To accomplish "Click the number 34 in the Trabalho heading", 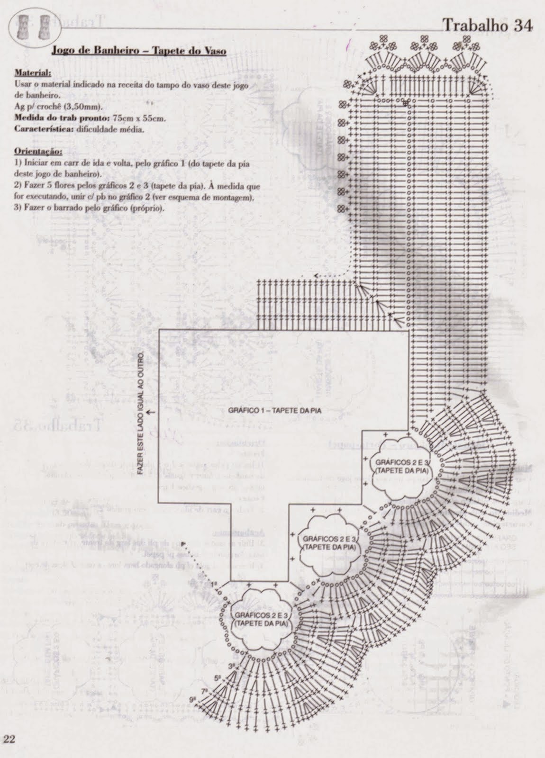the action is [522, 26].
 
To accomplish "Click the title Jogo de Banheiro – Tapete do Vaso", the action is [138, 50].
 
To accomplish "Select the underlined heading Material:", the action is [33, 73].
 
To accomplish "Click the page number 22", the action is [10, 739].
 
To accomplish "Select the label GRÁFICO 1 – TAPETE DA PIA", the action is [275, 411].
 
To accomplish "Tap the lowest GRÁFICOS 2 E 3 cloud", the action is [260, 619].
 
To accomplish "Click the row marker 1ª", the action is [214, 584].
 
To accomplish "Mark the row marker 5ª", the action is [218, 678].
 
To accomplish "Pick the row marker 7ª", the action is [204, 691].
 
